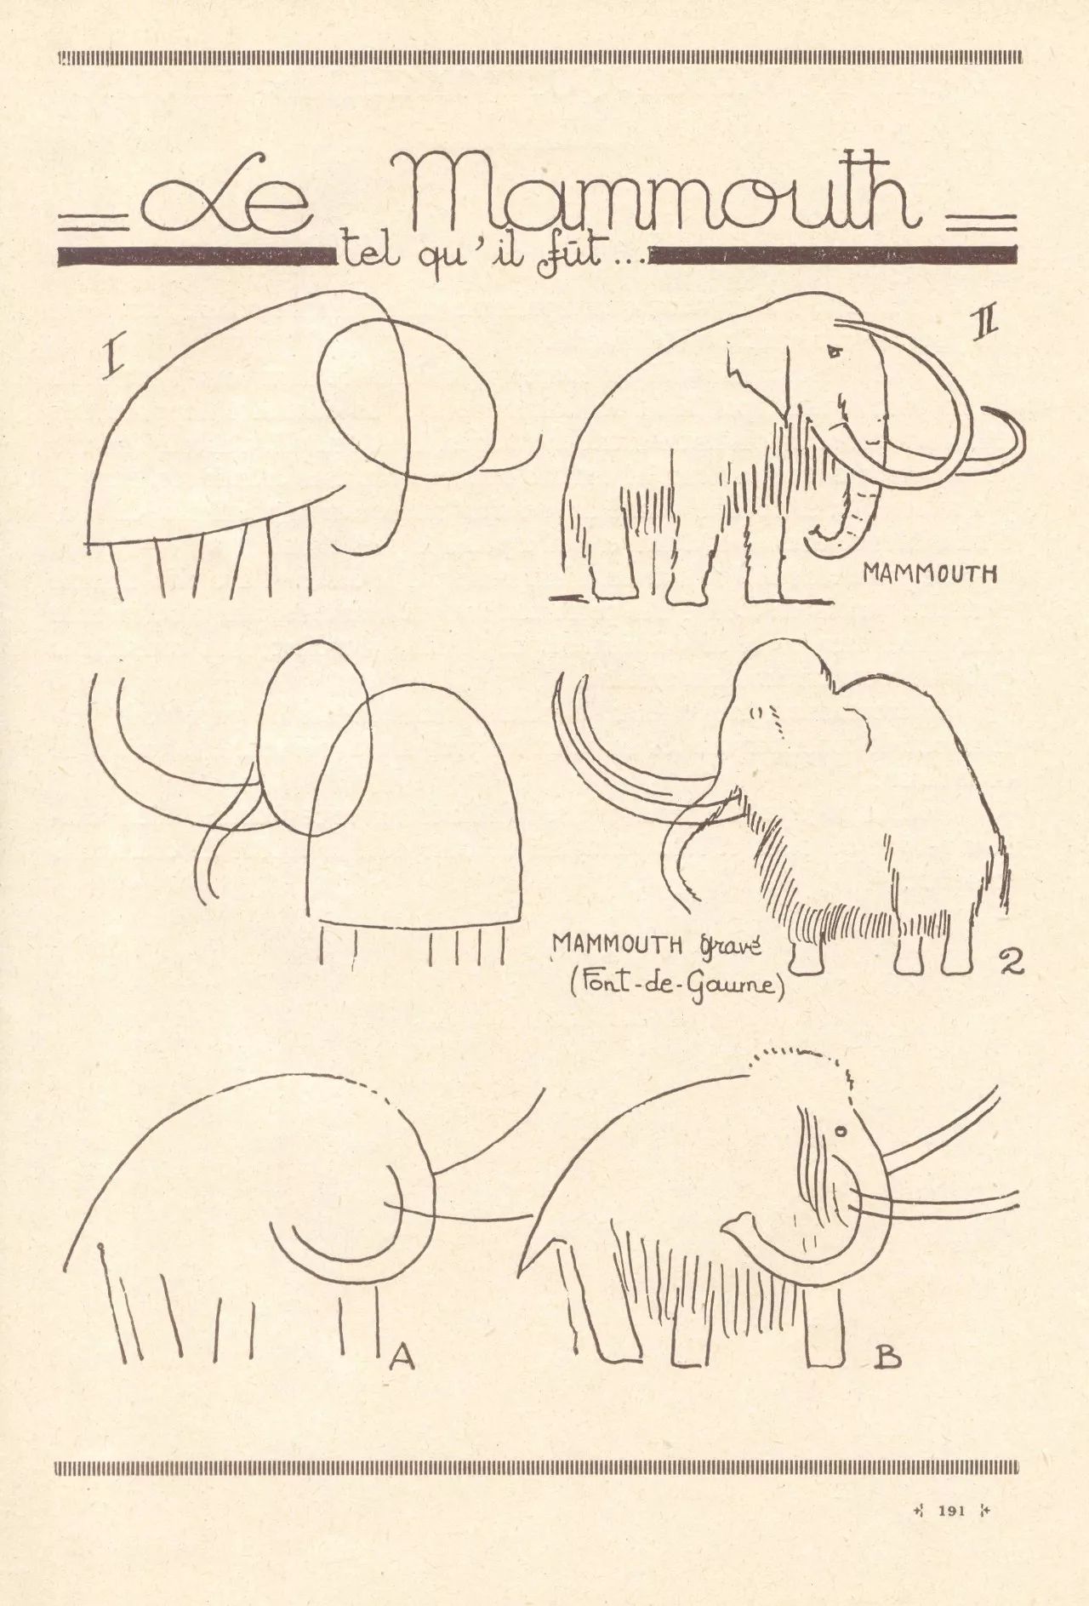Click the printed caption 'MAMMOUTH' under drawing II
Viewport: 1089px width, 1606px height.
coord(929,574)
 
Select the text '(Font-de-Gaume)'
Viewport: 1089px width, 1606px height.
coord(676,986)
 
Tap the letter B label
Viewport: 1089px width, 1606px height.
coord(887,1360)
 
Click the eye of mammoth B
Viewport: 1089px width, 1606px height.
coord(841,1131)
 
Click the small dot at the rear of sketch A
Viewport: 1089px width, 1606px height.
coord(102,1248)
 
